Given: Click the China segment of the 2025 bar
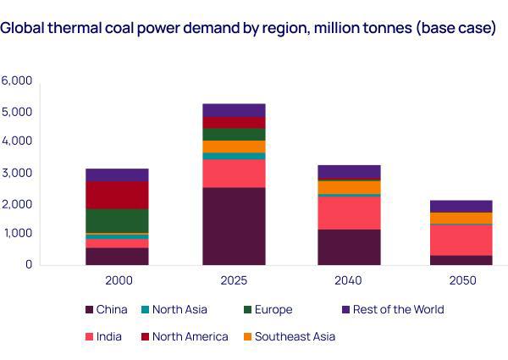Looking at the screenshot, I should [x=234, y=225].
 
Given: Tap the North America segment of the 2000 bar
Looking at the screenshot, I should [x=117, y=195].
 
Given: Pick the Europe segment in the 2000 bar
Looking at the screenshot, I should [x=117, y=220].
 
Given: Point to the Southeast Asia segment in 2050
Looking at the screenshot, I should [x=461, y=218].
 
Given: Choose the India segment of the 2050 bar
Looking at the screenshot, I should [x=461, y=240].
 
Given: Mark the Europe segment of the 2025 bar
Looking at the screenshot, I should [x=234, y=134].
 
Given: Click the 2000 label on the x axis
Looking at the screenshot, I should [x=117, y=280].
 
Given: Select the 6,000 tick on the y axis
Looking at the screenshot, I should [x=17, y=81].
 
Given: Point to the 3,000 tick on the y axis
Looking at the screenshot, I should [x=17, y=173].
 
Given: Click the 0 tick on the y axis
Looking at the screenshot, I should [x=28, y=264].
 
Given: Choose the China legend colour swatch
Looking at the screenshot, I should [x=90, y=310].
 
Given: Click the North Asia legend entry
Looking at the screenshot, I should [x=179, y=309].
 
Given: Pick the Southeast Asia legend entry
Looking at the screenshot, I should [x=294, y=336].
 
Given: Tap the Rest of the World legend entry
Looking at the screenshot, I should [x=397, y=309].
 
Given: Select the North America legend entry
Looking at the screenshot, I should [x=190, y=336].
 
